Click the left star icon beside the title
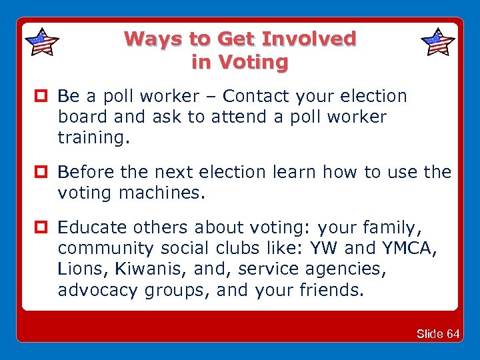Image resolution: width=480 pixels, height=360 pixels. click(x=41, y=42)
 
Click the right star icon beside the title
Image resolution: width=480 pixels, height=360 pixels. click(x=438, y=42)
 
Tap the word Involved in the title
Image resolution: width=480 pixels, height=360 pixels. click(x=309, y=39)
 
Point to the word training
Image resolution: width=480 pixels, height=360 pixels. click(x=94, y=138)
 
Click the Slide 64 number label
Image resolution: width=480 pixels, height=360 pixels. click(x=437, y=333)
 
